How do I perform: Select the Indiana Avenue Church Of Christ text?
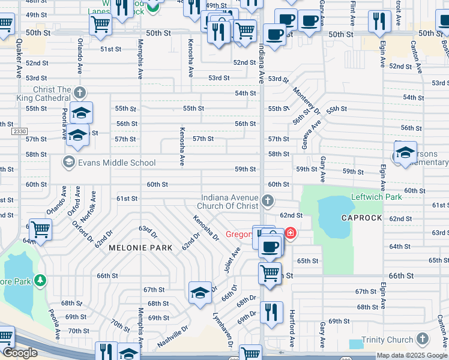tap(230, 202)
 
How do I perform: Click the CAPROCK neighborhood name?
tap(361, 218)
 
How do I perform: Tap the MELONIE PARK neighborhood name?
tap(140, 247)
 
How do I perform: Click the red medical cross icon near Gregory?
tap(291, 233)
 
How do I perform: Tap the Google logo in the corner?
tap(19, 353)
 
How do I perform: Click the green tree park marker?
tap(40, 280)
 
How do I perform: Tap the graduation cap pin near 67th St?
tap(200, 293)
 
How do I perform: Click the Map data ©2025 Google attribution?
tap(412, 355)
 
